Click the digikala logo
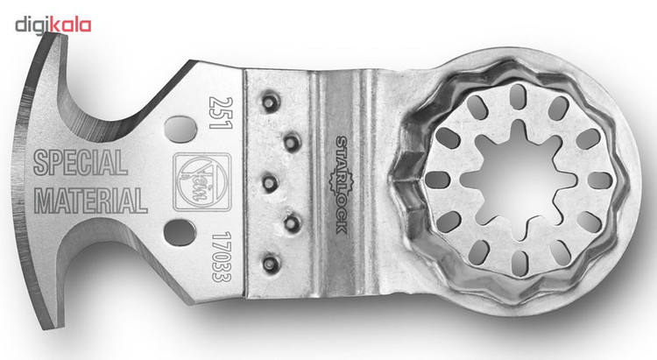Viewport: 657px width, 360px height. (x=53, y=25)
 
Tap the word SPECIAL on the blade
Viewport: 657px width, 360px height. (x=80, y=163)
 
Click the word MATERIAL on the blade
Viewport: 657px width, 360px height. (x=90, y=201)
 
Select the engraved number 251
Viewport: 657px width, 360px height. (x=221, y=113)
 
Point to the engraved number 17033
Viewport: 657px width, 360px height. (x=222, y=257)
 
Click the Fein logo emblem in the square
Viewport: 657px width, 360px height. (x=202, y=182)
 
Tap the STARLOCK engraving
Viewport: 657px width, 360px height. (x=342, y=185)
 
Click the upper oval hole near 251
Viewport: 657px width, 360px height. (x=181, y=129)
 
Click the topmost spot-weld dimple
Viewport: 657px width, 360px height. (x=269, y=102)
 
